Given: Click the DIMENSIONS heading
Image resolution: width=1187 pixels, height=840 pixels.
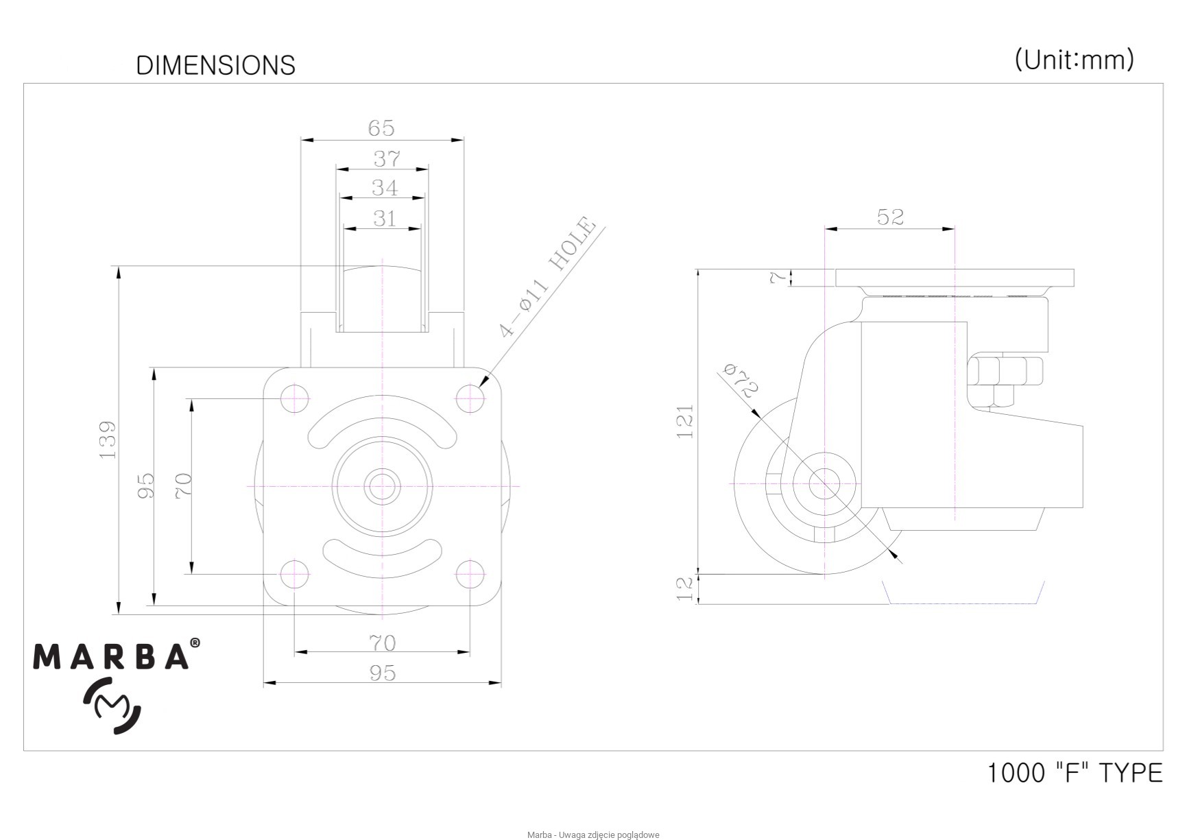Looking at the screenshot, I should (215, 65).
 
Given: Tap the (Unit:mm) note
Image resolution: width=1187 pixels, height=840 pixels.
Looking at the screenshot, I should (1074, 60).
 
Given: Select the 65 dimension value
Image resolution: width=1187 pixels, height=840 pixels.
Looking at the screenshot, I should (381, 128).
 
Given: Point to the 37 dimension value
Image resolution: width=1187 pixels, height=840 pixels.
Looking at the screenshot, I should (387, 159).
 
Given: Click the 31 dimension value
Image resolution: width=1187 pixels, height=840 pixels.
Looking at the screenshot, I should (385, 219).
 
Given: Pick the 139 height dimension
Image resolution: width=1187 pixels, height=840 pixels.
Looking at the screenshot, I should (108, 440).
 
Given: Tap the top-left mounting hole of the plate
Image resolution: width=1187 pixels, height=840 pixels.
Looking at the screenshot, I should (295, 397).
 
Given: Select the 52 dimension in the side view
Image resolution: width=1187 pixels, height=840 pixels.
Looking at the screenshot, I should (890, 217).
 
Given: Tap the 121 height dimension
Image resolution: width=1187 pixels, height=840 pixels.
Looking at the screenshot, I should (685, 421).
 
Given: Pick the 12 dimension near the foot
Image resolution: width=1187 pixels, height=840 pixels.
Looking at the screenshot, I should (685, 589).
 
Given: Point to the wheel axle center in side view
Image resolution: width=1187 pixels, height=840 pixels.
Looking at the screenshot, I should (824, 483).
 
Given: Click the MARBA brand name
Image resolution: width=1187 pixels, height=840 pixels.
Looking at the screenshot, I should (112, 656).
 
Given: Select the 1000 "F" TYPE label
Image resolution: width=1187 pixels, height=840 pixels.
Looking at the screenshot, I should (1075, 773).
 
